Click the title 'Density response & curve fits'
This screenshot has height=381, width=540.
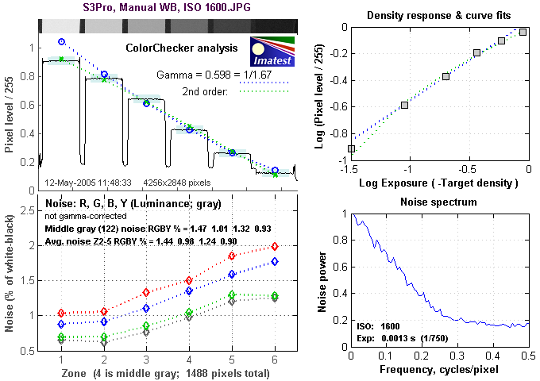(438, 15)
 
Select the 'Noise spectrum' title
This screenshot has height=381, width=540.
(438, 202)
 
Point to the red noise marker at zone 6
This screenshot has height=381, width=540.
(275, 246)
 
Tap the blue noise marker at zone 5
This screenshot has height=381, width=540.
(233, 274)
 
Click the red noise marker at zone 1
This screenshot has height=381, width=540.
(62, 314)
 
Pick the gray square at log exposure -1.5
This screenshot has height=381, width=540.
(351, 148)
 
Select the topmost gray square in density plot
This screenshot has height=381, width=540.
(523, 32)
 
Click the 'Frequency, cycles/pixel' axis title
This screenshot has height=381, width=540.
(438, 369)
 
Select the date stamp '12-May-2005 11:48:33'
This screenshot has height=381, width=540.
(88, 181)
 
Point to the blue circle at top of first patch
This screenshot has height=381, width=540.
(62, 41)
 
